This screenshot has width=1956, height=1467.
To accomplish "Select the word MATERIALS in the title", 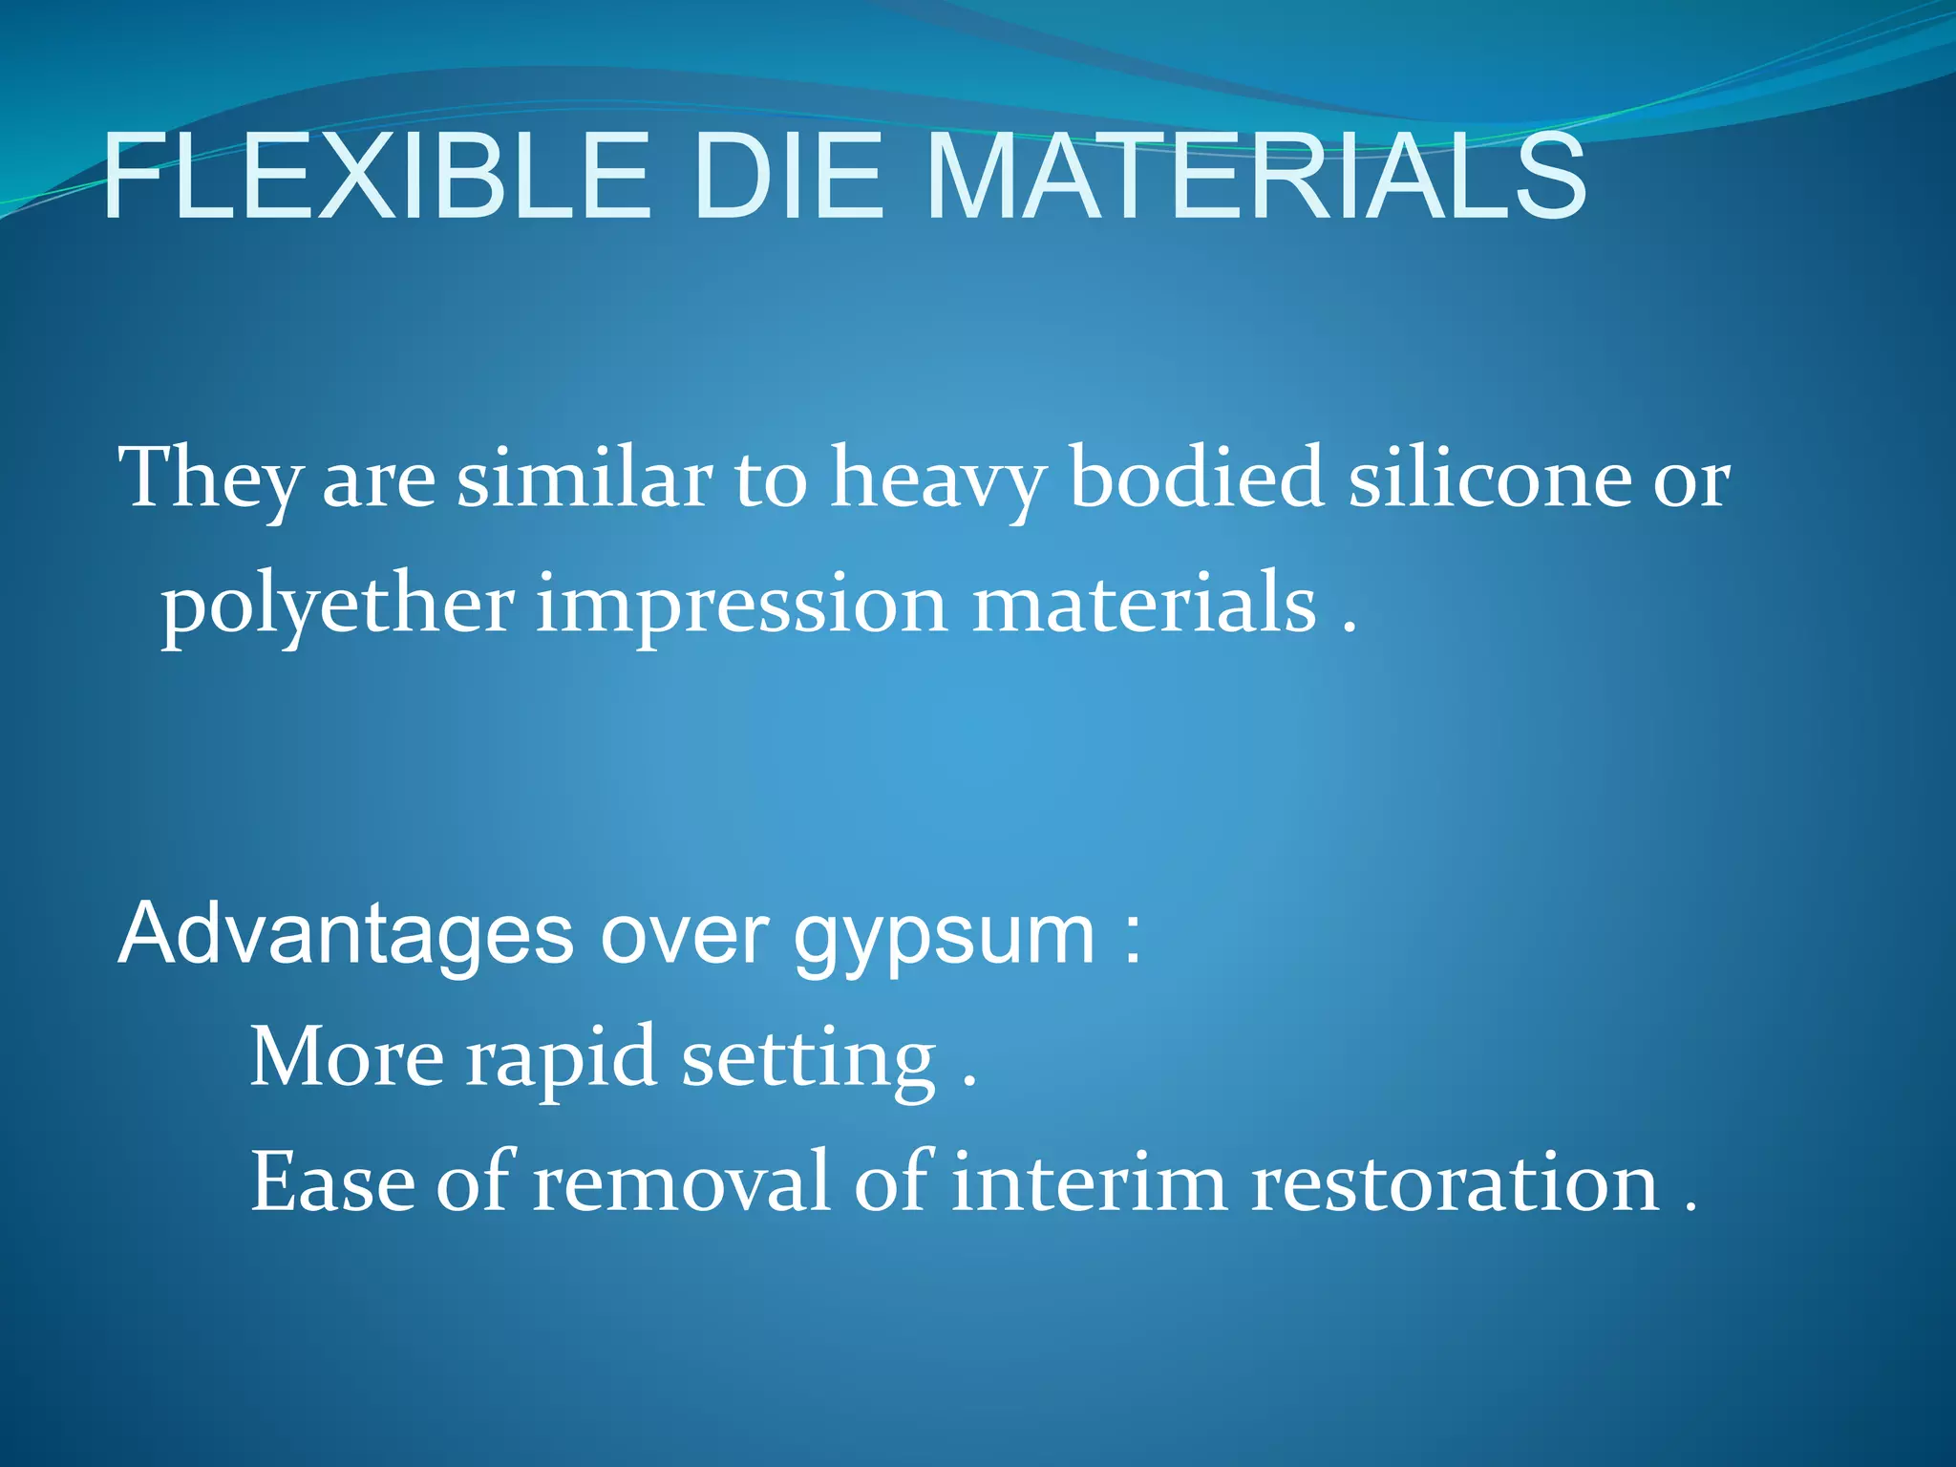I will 1256,178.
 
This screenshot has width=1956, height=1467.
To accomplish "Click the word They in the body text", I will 208,478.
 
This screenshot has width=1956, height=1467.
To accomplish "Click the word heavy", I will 938,478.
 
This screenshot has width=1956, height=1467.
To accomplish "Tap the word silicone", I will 1490,478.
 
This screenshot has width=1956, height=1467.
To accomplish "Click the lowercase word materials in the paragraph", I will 1144,604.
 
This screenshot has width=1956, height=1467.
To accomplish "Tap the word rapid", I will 562,1058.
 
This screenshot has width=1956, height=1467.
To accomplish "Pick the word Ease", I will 331,1182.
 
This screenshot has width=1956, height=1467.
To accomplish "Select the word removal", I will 681,1182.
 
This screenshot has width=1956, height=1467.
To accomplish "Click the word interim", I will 1089,1182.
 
